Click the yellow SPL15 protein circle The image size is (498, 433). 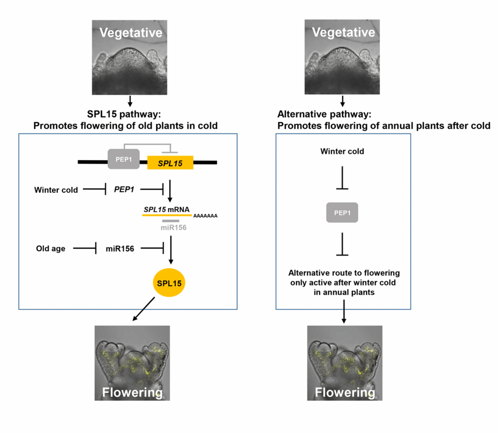(169, 283)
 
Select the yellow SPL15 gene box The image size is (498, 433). (170, 162)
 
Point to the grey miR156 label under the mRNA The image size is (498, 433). (171, 227)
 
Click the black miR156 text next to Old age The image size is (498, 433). (120, 248)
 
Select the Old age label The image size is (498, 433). (50, 248)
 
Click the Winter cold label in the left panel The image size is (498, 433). (56, 189)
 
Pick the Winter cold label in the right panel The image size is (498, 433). (342, 151)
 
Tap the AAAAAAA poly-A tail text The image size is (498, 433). (206, 215)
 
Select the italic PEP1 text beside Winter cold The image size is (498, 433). (124, 189)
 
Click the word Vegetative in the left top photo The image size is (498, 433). (130, 33)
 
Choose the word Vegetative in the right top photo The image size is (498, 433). (343, 33)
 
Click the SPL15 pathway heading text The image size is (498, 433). (129, 115)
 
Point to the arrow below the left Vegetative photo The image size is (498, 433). (130, 101)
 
